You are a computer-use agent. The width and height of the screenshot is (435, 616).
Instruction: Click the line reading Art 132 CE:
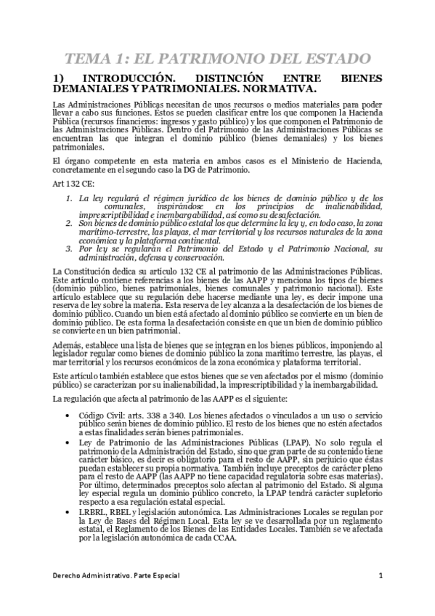(70, 185)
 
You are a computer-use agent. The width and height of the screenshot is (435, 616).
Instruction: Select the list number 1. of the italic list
(69, 198)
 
